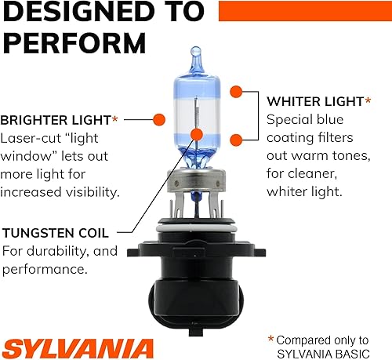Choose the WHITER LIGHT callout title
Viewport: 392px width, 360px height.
(314, 102)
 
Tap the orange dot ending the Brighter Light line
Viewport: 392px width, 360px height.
(158, 120)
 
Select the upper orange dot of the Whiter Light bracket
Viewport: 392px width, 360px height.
(235, 93)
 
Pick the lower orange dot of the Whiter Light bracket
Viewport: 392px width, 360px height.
(235, 140)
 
